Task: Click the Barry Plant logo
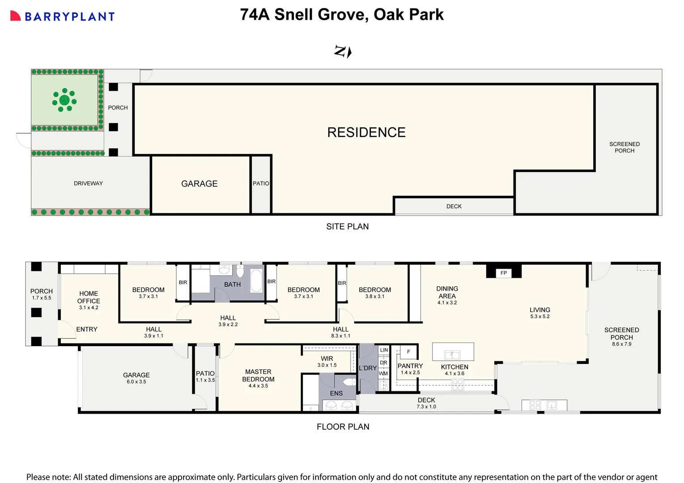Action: [62, 17]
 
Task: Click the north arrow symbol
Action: [343, 51]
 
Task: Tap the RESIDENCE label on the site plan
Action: [366, 132]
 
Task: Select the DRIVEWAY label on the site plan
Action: [88, 183]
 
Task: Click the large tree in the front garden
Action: [64, 100]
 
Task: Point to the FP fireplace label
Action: [504, 273]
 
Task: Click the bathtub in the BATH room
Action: [257, 281]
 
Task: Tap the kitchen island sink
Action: [452, 355]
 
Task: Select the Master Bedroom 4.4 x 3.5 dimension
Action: [258, 386]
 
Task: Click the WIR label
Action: [327, 359]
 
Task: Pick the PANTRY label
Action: [410, 366]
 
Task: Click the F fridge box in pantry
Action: [408, 352]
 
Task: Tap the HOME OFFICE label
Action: [89, 297]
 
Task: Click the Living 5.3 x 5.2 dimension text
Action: [540, 317]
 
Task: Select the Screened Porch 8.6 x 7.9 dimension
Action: [621, 344]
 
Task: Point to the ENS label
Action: [336, 394]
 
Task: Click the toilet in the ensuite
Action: [348, 382]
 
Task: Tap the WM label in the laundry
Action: [383, 373]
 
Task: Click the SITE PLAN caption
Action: [347, 227]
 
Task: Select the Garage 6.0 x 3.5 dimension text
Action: [136, 382]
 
